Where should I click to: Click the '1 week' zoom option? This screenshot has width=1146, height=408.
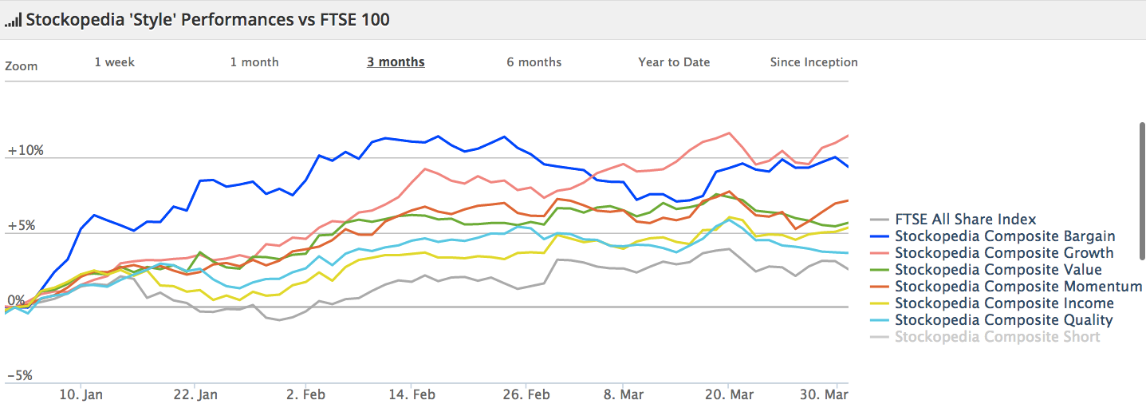[115, 62]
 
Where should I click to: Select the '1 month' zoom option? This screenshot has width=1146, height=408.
[254, 62]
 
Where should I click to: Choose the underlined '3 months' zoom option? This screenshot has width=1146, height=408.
[396, 62]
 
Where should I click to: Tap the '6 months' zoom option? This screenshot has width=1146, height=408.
[534, 62]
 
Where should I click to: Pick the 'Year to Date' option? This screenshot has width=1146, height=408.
[674, 62]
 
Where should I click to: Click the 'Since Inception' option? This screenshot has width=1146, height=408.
[814, 62]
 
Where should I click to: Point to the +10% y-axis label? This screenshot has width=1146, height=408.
[26, 150]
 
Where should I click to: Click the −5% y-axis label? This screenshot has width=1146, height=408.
[19, 375]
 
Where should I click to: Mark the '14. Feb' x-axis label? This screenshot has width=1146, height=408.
[412, 394]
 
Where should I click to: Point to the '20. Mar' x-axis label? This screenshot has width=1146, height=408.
[729, 394]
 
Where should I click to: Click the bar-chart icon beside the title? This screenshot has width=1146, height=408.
[14, 21]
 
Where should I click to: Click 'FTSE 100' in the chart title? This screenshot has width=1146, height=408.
[355, 19]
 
